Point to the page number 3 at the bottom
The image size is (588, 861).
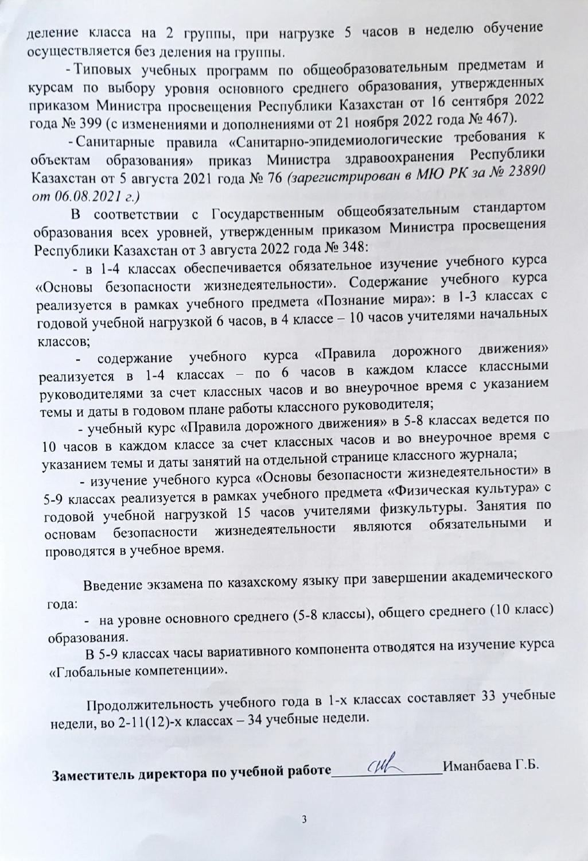[x=305, y=818]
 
